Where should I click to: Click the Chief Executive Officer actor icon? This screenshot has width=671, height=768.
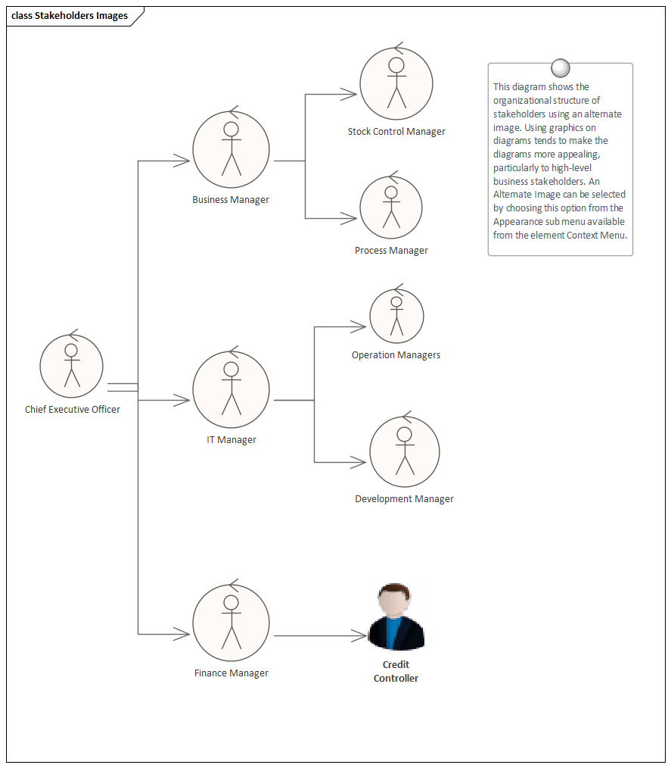click(71, 366)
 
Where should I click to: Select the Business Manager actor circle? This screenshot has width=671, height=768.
click(231, 150)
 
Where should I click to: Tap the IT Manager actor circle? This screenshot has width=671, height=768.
click(231, 389)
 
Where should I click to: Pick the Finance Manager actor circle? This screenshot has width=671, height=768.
click(231, 622)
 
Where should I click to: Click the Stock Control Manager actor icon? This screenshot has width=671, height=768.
click(396, 83)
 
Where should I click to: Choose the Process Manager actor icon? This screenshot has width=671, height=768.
click(391, 208)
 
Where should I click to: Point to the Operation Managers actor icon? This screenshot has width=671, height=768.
click(396, 316)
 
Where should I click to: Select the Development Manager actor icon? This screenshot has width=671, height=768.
click(405, 452)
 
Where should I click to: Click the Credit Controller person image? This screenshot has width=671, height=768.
click(396, 617)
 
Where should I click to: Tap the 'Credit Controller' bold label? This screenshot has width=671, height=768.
click(396, 672)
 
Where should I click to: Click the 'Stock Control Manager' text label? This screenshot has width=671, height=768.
click(396, 132)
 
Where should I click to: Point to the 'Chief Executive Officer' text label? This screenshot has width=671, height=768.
click(73, 410)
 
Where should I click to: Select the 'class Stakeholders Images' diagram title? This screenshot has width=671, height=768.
click(70, 16)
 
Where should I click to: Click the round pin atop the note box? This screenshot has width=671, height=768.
click(561, 68)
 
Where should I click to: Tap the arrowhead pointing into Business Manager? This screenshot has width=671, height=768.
click(182, 161)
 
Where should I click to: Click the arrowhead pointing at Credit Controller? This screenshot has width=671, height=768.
click(359, 636)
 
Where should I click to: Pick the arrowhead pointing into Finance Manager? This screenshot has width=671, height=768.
click(182, 634)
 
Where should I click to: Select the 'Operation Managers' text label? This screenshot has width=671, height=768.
click(396, 355)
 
